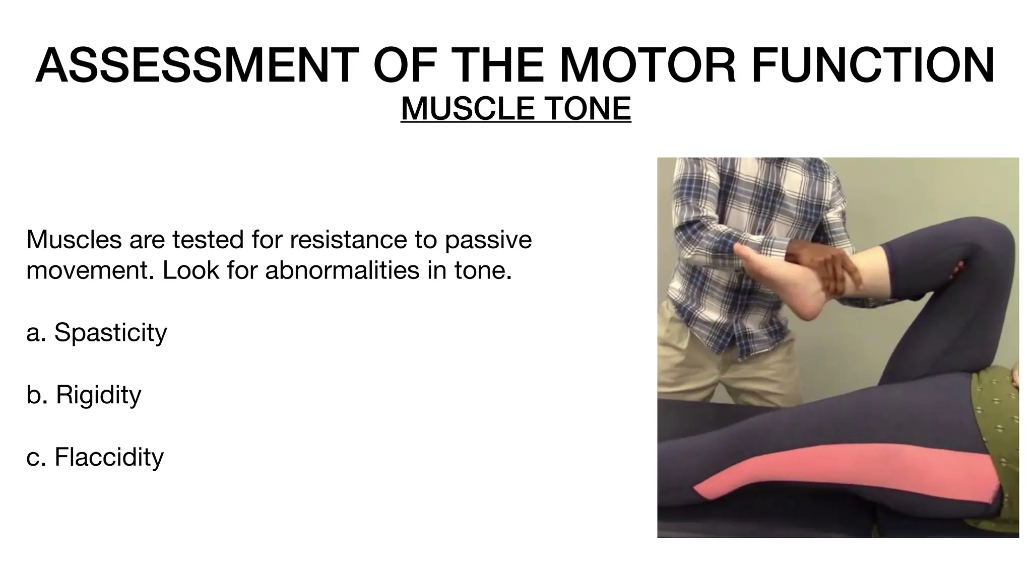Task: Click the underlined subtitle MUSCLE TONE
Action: tap(515, 109)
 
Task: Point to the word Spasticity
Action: tap(110, 333)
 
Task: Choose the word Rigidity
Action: tap(98, 395)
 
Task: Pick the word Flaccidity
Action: tap(109, 457)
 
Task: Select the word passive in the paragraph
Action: tap(488, 240)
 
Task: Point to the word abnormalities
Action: tap(342, 270)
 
